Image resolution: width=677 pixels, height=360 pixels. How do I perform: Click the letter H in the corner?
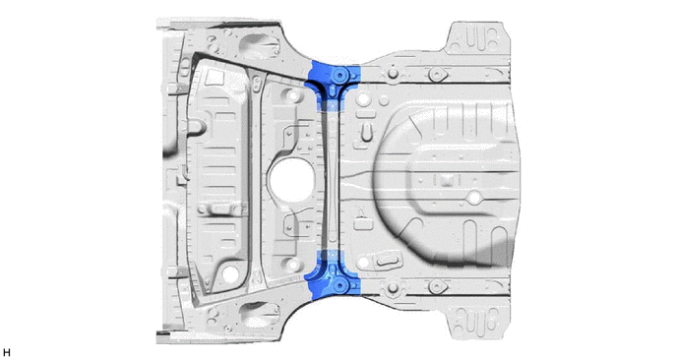click(x=7, y=353)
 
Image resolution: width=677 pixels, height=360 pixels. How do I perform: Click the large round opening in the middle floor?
click(x=291, y=180)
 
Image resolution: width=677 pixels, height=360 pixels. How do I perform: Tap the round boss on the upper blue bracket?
click(x=340, y=75)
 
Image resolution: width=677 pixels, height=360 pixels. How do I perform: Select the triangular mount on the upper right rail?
click(x=437, y=74)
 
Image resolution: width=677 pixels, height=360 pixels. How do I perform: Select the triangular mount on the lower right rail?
click(x=437, y=286)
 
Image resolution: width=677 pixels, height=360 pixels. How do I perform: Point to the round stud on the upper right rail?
click(x=392, y=72)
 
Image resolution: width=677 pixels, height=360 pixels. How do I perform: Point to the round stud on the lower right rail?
click(x=392, y=288)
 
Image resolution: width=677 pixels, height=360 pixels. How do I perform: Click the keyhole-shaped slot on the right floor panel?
click(x=366, y=132)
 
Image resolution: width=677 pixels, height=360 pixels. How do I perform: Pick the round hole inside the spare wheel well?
click(x=473, y=198)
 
